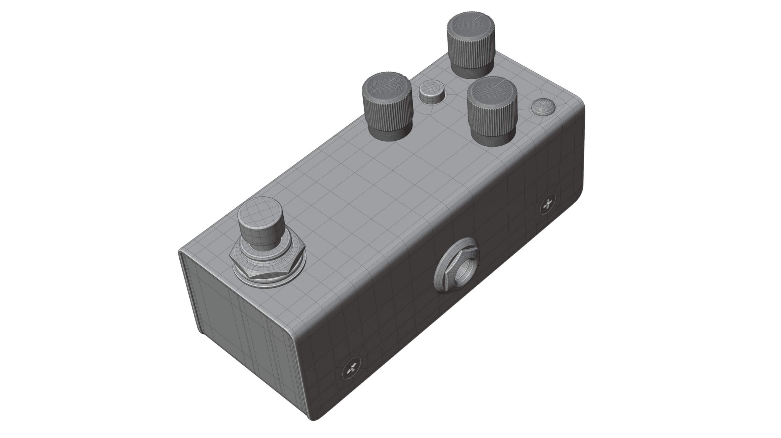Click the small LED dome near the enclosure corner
point(544,107)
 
